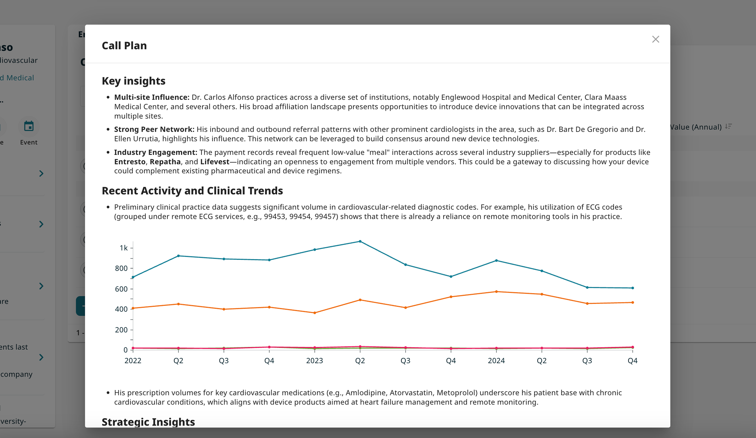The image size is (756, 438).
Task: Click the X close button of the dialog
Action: [656, 39]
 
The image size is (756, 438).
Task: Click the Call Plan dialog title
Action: [124, 46]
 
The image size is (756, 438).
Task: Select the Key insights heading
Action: [134, 81]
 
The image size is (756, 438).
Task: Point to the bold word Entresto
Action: [130, 162]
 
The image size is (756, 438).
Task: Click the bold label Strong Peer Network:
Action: [154, 129]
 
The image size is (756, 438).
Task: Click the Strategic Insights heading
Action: [148, 422]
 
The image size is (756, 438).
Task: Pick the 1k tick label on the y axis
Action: [123, 248]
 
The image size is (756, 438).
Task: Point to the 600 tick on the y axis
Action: [121, 289]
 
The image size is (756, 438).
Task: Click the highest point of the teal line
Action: [360, 241]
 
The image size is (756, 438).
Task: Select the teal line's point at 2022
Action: [133, 277]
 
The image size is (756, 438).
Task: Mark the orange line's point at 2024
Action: [496, 292]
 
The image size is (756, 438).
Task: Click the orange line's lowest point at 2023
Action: [314, 313]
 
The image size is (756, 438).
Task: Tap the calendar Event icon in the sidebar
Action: [29, 126]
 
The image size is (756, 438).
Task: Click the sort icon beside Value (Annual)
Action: [728, 126]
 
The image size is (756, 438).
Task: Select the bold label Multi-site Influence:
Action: [152, 97]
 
